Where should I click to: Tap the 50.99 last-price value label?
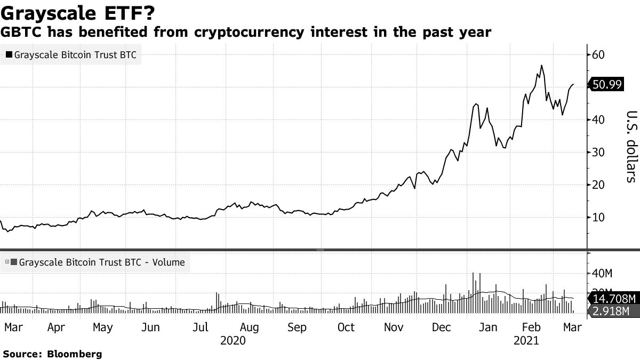[x=606, y=84]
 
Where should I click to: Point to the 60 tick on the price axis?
[x=598, y=54]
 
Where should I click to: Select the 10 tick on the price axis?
[x=598, y=217]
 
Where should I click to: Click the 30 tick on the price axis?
[x=598, y=152]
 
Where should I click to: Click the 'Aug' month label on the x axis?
[x=249, y=327]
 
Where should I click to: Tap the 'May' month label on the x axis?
[x=102, y=327]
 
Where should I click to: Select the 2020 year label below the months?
[x=233, y=340]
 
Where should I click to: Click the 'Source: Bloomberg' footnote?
[x=52, y=354]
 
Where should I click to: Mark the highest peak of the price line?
[x=542, y=66]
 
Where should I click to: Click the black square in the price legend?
[x=9, y=54]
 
